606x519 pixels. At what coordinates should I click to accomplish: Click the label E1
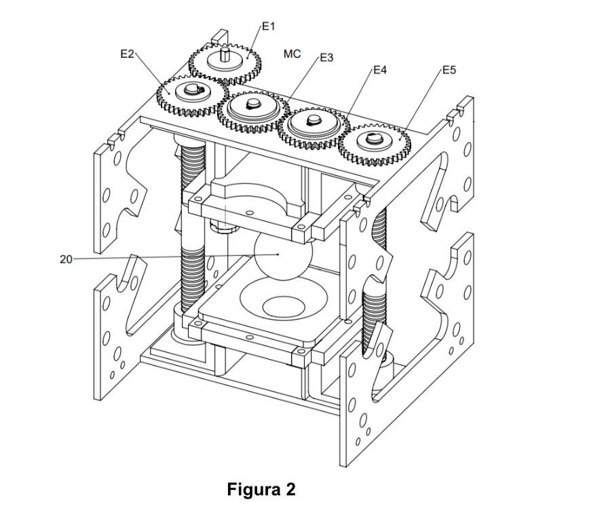pyautogui.click(x=268, y=26)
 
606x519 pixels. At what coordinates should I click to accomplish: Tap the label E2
pyautogui.click(x=127, y=54)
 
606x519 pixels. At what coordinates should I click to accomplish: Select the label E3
pyautogui.click(x=326, y=58)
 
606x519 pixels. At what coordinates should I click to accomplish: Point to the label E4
pyautogui.click(x=379, y=70)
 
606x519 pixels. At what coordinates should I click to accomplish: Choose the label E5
pyautogui.click(x=449, y=70)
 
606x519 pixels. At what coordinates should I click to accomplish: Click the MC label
pyautogui.click(x=292, y=54)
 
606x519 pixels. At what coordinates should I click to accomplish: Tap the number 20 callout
pyautogui.click(x=66, y=259)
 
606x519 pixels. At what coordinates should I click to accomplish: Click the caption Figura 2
pyautogui.click(x=261, y=489)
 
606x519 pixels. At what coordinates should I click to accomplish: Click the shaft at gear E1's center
pyautogui.click(x=225, y=54)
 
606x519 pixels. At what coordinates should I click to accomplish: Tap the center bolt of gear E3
pyautogui.click(x=254, y=103)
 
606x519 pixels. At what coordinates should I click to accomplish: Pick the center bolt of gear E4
pyautogui.click(x=314, y=120)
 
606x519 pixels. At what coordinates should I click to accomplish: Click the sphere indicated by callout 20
pyautogui.click(x=283, y=256)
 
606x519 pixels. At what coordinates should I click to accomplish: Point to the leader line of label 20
pyautogui.click(x=176, y=257)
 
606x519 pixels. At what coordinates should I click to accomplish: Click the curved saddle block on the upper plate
pyautogui.click(x=256, y=197)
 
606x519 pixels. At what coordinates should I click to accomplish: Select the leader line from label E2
pyautogui.click(x=152, y=73)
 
